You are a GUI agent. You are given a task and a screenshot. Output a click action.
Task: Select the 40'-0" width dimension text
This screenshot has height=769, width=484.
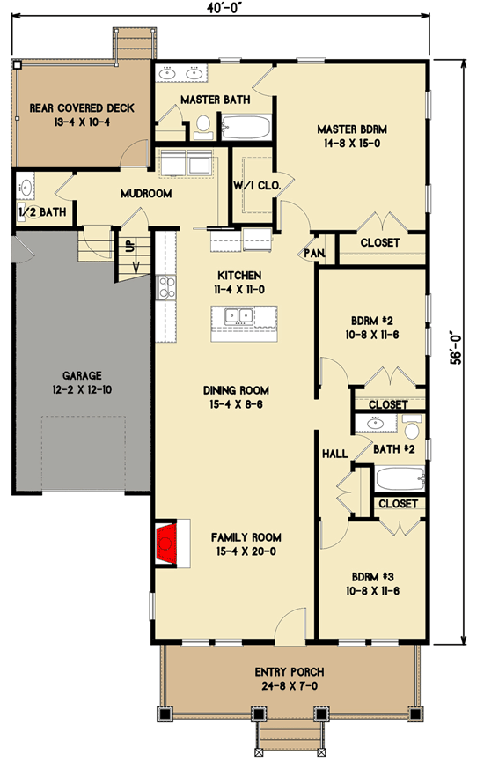[x=223, y=8]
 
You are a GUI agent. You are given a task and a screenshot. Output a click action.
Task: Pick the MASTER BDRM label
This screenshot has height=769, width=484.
[x=352, y=129]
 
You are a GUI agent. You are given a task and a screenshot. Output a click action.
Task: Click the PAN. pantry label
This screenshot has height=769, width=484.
[x=314, y=253]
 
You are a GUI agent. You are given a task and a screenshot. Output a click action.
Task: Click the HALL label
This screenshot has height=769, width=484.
[x=334, y=453]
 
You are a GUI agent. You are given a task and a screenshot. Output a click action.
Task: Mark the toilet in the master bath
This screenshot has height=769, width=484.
[x=203, y=125]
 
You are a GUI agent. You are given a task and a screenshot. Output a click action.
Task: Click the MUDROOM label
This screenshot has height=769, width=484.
[x=146, y=194]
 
